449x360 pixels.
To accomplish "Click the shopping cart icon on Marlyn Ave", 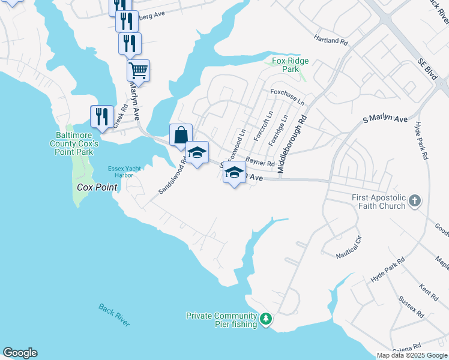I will coord(138,71).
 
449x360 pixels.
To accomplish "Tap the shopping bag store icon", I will coord(181,135).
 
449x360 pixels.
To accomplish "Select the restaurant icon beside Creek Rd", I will coord(102,116).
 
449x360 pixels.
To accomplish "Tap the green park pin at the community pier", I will coord(266,319).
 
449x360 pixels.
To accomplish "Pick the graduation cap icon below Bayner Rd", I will coord(234,173).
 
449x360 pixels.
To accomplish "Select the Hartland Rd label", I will coord(331,40).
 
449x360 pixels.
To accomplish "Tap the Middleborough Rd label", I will coord(292,143).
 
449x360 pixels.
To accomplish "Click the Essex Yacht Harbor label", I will coord(124,172).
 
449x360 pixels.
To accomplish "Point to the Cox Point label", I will coord(97,187).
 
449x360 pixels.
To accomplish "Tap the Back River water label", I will coord(114,315).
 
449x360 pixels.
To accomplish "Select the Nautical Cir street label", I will coord(349,247).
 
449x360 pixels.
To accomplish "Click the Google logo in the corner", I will coord(20,353).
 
